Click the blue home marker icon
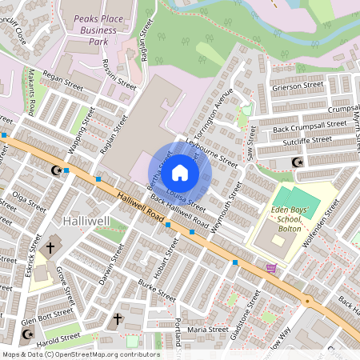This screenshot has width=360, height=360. pos(180,172)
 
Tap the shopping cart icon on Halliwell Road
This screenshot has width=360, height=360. pos(271,268)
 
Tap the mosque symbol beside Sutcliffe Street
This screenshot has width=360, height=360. pos(298,162)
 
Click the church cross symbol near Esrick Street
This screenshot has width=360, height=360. pos(50,247)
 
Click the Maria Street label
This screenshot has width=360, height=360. pos(207,329)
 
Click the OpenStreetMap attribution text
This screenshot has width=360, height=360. pos(80,354)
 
